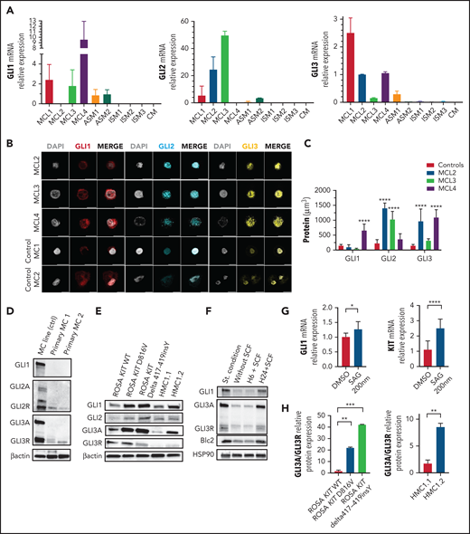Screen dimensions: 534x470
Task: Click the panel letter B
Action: point(7,142)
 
